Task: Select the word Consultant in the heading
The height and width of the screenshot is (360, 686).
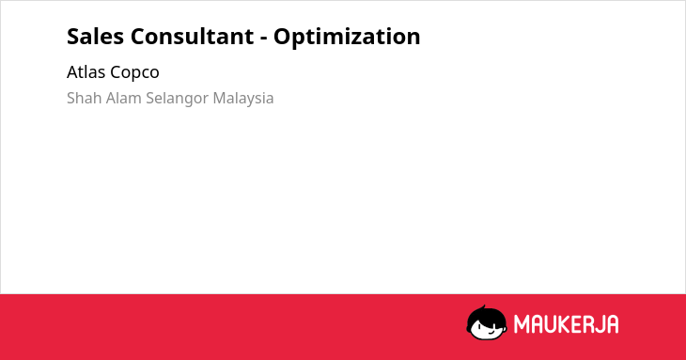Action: [x=192, y=37]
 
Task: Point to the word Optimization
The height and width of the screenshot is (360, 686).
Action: [x=347, y=38]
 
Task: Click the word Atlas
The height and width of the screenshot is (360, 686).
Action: [x=86, y=72]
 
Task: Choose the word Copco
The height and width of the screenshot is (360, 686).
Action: [x=134, y=73]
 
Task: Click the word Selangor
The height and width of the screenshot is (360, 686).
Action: [x=178, y=99]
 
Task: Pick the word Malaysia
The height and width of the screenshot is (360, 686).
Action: [x=243, y=99]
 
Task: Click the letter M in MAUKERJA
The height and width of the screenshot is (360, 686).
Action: [x=522, y=324]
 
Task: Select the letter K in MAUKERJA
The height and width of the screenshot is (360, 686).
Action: [x=565, y=324]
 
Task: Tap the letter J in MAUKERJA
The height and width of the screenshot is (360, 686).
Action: [x=600, y=324]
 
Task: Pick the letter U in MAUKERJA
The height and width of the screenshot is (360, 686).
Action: [x=551, y=324]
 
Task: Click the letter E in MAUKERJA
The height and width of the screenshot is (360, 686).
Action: [x=577, y=324]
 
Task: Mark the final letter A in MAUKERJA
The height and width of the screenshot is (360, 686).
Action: [x=613, y=324]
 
